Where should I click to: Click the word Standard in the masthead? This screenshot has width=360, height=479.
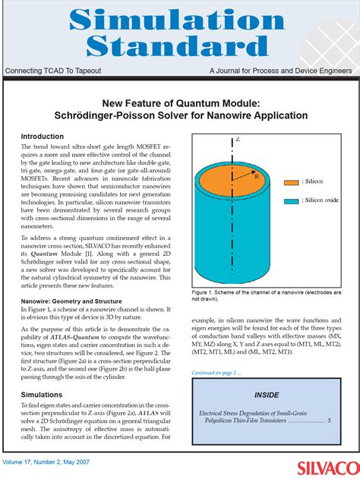(x=180, y=48)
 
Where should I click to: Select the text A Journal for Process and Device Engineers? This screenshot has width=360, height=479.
(x=281, y=71)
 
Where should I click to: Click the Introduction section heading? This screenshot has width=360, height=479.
(x=43, y=137)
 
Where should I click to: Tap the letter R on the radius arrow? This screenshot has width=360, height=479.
(x=257, y=175)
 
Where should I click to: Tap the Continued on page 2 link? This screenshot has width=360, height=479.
(x=216, y=373)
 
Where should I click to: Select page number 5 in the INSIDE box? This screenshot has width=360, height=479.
(x=329, y=420)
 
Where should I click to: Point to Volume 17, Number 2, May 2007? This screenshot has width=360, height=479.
(x=47, y=462)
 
